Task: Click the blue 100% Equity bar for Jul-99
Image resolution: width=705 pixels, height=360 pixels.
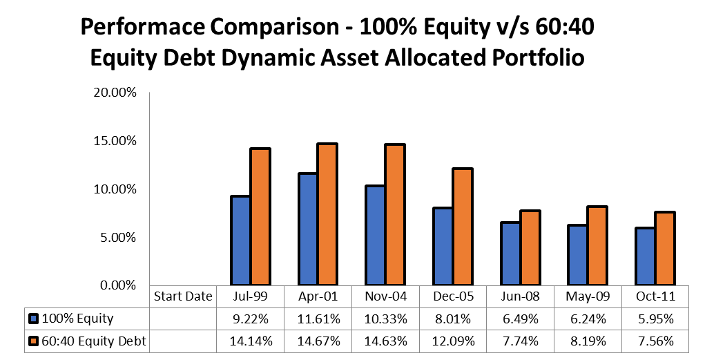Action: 240,240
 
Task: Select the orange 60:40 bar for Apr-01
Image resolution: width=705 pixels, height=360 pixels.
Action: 327,214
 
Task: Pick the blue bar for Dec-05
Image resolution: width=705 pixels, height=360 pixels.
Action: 442,246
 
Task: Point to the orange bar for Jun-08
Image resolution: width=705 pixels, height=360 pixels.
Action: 530,247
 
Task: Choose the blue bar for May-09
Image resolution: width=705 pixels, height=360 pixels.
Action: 577,254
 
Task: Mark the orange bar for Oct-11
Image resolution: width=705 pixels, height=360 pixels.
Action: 664,248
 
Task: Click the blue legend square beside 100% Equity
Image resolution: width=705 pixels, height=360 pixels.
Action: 33,319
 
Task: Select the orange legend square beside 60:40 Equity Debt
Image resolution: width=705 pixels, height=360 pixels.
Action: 33,341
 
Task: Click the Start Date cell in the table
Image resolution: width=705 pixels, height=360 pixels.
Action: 182,296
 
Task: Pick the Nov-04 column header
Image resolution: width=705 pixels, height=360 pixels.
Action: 385,296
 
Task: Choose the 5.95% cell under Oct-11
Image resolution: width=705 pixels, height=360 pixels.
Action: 655,319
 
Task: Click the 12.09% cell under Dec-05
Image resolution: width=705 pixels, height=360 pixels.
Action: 452,341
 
